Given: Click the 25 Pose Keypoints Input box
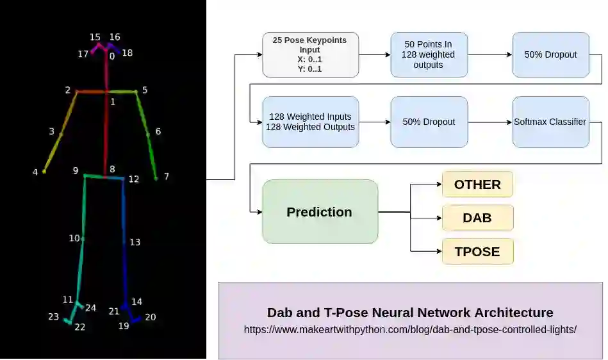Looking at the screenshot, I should (311, 54).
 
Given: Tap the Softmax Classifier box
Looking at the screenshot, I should (550, 122).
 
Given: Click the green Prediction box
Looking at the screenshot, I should (320, 211).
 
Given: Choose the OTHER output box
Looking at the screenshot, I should (477, 184).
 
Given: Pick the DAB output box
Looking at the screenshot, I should (477, 218).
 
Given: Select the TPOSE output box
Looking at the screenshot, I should (477, 251).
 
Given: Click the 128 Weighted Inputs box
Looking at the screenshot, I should (311, 122).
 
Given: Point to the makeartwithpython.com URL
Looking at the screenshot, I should (410, 330).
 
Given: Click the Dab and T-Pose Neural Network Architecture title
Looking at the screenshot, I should (410, 313).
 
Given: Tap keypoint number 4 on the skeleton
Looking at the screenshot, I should (44, 171).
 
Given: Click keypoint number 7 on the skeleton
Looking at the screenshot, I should (156, 178).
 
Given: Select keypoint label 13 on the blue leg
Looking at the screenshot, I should (135, 242).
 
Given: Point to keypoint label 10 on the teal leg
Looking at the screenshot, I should (74, 238).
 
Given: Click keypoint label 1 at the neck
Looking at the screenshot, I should (113, 101).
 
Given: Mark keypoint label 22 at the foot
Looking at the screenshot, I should (79, 327).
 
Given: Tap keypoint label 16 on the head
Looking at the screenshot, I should (115, 37).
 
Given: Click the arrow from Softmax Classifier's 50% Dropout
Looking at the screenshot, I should (490, 122).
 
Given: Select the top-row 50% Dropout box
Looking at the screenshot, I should (550, 54).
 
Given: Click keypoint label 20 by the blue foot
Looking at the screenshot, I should (150, 316).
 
